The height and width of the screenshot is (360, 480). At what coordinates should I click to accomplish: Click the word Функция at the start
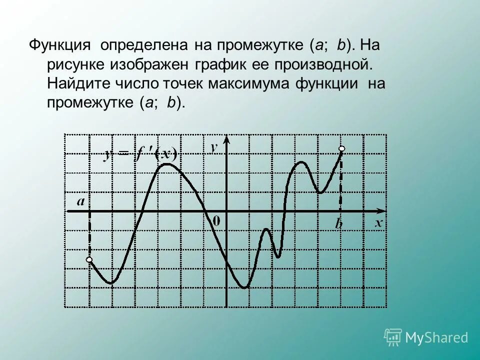(59, 45)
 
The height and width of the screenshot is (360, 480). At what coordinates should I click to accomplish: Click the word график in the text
(220, 64)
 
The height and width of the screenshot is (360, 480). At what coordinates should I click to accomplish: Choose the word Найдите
(76, 83)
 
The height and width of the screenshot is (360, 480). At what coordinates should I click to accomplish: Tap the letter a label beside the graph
(80, 202)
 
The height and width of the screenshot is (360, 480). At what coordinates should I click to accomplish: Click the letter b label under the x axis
(339, 224)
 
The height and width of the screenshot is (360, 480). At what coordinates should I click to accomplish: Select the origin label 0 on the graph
(216, 220)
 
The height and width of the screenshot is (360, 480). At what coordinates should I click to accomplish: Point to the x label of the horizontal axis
(379, 223)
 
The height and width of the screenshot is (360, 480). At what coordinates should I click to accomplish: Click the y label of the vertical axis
(214, 147)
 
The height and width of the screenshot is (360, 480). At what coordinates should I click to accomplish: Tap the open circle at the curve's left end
(89, 259)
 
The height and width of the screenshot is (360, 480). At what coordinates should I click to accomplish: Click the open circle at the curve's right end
(342, 148)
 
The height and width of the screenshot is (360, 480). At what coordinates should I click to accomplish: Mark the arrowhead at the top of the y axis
(227, 140)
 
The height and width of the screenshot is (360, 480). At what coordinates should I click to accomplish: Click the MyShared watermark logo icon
(393, 337)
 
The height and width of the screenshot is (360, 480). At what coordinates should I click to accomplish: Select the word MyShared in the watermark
(437, 338)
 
